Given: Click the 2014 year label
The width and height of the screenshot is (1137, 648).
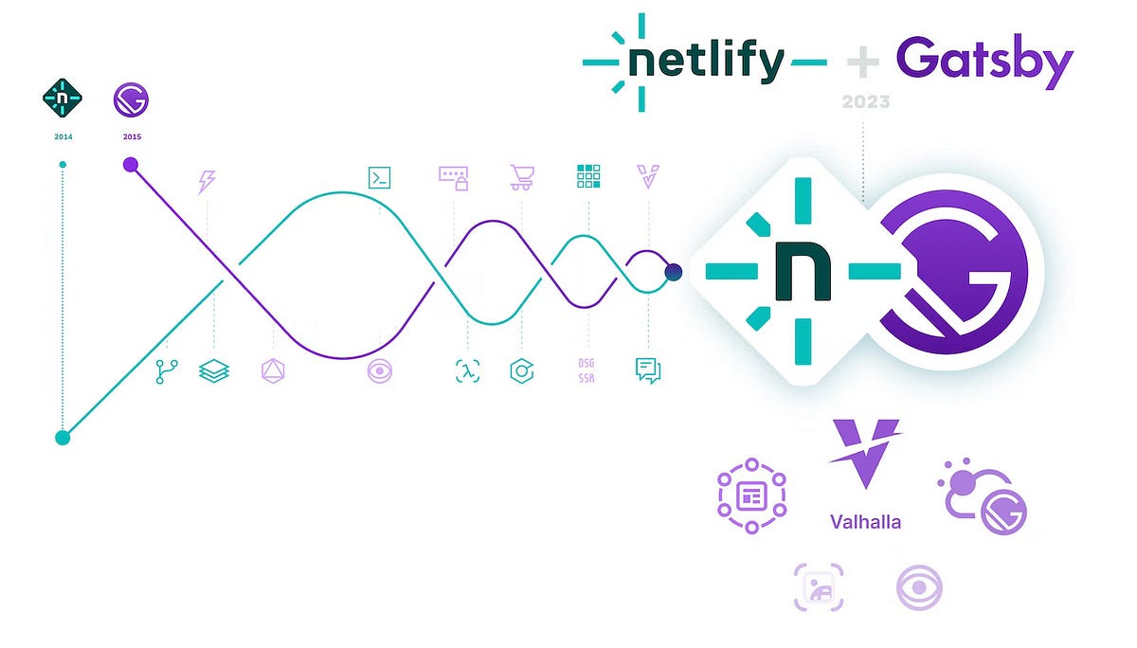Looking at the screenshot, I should coord(63,136).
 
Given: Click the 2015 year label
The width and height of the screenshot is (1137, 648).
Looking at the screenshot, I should coord(132,136).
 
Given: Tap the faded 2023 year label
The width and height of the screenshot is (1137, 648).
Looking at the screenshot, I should coord(864,101).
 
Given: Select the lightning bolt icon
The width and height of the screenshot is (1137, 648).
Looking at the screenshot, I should coord(206,181).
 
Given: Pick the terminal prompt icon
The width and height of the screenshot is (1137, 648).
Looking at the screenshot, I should coord(379,177).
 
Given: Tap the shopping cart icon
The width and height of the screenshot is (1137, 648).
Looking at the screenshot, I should coord(520,177).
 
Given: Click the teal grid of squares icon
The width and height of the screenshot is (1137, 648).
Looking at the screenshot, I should coord(588,177).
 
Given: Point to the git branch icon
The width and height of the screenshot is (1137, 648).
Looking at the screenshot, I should coord(166,370).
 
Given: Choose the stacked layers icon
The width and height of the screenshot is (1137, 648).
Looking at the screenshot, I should coord(214,370).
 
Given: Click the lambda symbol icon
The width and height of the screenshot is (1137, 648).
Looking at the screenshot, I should coord(467,370).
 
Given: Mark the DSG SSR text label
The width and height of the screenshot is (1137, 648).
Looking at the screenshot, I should coord(587,370).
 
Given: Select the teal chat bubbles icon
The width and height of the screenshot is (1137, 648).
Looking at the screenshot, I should coord(648,370).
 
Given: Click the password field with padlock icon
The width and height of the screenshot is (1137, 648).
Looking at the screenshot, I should coord(454,177).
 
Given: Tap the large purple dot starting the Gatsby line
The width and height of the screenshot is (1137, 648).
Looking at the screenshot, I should coord(131,166).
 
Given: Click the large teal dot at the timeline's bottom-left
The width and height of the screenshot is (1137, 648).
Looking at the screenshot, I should coord(63,438).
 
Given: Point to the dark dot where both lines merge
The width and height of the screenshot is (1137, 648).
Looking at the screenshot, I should coord(673,273).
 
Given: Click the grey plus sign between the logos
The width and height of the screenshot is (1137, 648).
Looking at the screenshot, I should coord(863,62).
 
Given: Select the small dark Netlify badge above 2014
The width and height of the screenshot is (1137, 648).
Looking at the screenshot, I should coord(63,99).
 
